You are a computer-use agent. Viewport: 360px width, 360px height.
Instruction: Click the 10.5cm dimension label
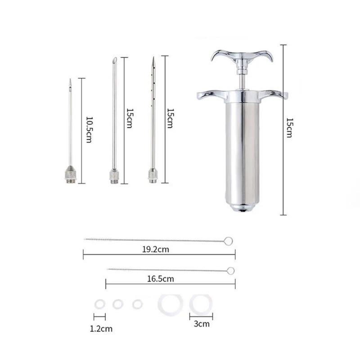pyautogui.click(x=89, y=130)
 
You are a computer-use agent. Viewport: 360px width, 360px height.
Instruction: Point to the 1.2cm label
pyautogui.click(x=101, y=328)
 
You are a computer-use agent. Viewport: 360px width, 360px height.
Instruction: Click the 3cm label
pyautogui.click(x=201, y=323)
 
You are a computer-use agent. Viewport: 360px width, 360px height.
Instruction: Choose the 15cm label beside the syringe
pyautogui.click(x=289, y=128)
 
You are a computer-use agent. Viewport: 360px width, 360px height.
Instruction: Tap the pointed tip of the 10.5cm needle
pyautogui.click(x=70, y=81)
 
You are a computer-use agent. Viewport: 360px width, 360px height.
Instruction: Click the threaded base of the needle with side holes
pyautogui.click(x=153, y=175)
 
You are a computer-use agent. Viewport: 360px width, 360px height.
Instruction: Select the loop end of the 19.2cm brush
pyautogui.click(x=229, y=242)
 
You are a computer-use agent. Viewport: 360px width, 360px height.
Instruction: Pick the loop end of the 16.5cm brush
pyautogui.click(x=230, y=271)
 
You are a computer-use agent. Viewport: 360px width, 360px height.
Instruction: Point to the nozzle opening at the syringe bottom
pyautogui.click(x=243, y=209)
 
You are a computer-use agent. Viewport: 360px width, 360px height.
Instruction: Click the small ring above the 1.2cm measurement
pyautogui.click(x=99, y=305)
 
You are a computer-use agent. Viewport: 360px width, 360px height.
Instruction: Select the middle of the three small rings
pyautogui.click(x=118, y=305)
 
